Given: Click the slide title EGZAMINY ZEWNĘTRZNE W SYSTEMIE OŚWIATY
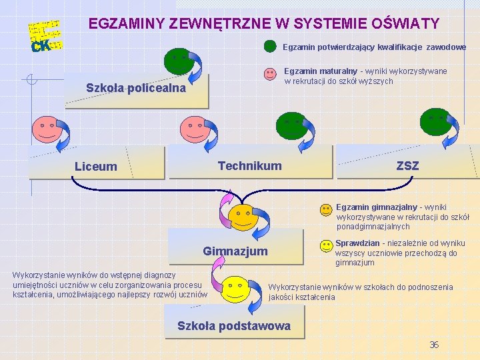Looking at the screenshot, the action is (x=264, y=24).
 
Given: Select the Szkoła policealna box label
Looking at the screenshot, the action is (x=136, y=88).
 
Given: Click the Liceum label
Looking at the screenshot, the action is (x=95, y=167).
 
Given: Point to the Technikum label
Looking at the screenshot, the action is (x=250, y=165).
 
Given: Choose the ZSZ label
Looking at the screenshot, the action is (x=407, y=165).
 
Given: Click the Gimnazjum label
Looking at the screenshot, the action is (x=235, y=251).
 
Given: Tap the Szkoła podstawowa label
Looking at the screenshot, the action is (x=233, y=326).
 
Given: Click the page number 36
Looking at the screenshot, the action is (x=434, y=345).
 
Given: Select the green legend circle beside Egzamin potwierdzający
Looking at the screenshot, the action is (x=270, y=47).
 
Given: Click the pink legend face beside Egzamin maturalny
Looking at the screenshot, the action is (x=269, y=73).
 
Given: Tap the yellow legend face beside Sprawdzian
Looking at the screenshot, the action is (x=325, y=246).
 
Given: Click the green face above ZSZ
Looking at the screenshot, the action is (x=437, y=123).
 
